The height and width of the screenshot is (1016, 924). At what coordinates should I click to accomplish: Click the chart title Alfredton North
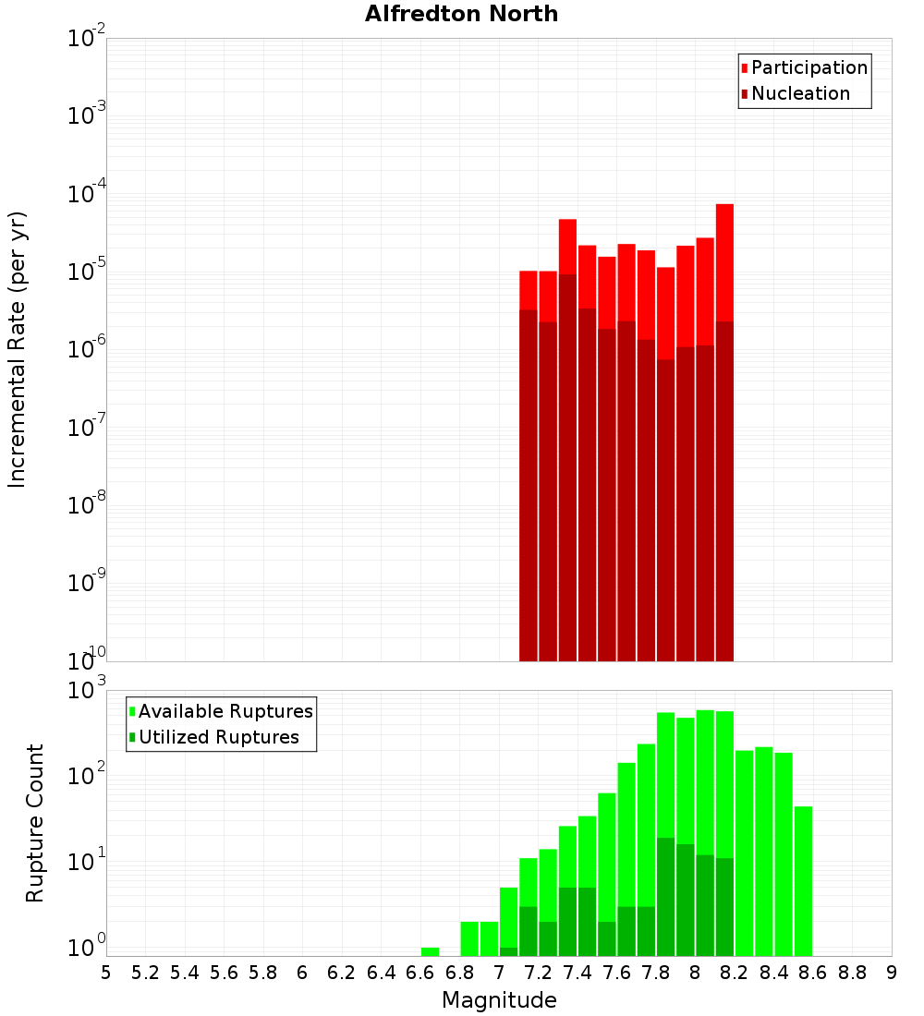pyautogui.click(x=461, y=14)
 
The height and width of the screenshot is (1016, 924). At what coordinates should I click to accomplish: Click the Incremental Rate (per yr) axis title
pyautogui.click(x=18, y=349)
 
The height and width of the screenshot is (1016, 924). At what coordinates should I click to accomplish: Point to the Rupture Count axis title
pyautogui.click(x=35, y=823)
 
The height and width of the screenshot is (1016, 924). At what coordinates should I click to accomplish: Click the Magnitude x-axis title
pyautogui.click(x=499, y=1000)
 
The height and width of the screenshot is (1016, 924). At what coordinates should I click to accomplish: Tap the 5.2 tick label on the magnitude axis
pyautogui.click(x=145, y=973)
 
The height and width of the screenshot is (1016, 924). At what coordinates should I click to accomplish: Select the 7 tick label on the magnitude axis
pyautogui.click(x=499, y=973)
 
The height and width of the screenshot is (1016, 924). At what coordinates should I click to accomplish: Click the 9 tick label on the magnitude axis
pyautogui.click(x=892, y=973)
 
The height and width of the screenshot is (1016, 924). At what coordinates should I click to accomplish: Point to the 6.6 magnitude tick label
pyautogui.click(x=420, y=973)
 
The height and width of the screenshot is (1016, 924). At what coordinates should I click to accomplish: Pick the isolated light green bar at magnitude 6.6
pyautogui.click(x=430, y=951)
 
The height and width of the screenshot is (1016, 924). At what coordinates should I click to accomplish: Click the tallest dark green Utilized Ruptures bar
pyautogui.click(x=665, y=896)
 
